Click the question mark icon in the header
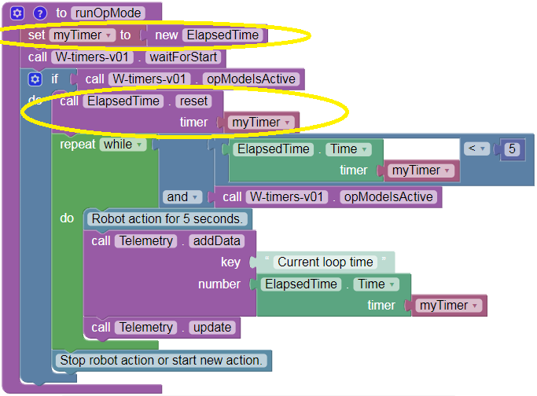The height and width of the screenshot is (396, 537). [x=39, y=13]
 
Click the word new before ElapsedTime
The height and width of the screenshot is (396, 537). [x=166, y=35]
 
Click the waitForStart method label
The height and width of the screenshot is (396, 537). [x=186, y=57]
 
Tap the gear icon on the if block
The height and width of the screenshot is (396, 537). [x=34, y=79]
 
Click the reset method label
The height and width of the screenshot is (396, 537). [x=193, y=101]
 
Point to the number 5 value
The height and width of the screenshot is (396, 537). [x=512, y=148]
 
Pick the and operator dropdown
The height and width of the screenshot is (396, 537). [x=182, y=196]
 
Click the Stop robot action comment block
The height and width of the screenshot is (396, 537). [x=161, y=361]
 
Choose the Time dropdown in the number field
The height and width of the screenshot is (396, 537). [x=374, y=284]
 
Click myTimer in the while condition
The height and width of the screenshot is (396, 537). [x=417, y=170]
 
